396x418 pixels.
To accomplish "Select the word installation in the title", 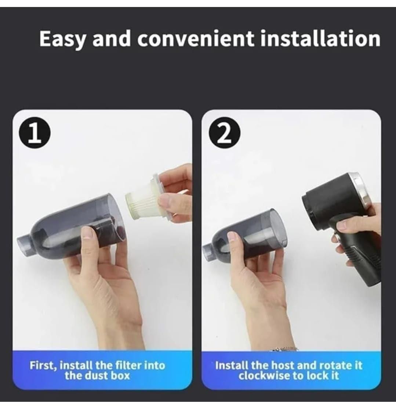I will (320, 39).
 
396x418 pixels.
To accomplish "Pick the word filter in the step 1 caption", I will (128, 365).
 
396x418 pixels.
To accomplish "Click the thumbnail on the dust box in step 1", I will (87, 233).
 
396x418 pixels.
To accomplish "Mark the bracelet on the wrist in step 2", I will (284, 349).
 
